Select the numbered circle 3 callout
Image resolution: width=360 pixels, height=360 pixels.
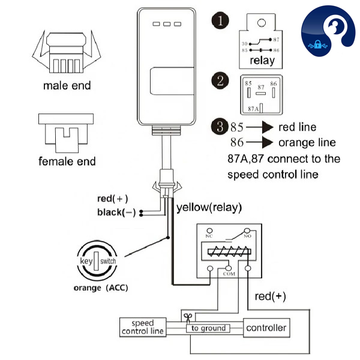(221, 127)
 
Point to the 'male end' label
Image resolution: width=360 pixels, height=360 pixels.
(67, 86)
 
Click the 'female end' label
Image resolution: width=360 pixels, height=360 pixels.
(67, 161)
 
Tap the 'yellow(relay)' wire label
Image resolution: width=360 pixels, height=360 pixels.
(209, 208)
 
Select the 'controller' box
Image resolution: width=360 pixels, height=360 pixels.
(266, 328)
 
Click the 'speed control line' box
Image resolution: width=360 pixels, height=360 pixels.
(143, 327)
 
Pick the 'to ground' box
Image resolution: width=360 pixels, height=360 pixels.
(208, 328)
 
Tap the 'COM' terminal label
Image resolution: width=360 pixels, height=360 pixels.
(229, 273)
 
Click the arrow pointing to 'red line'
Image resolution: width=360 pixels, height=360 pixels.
(259, 127)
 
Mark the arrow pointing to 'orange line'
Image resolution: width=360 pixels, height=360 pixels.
(259, 143)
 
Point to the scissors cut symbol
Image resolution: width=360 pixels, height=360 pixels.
(188, 316)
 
